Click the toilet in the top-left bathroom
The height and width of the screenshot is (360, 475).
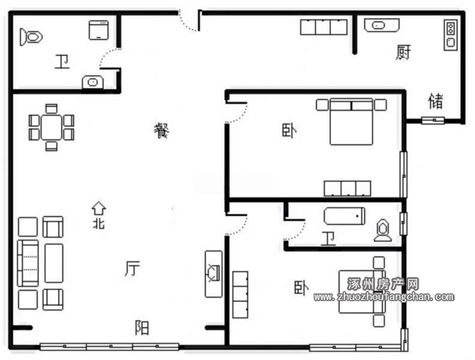(x=31, y=37)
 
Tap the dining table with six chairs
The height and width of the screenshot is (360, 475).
(x=52, y=127)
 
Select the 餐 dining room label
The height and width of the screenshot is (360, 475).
(x=161, y=131)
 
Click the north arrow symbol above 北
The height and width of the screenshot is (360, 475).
(x=99, y=208)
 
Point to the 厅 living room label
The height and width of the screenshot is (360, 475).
(x=133, y=268)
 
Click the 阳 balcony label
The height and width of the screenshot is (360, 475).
(x=142, y=328)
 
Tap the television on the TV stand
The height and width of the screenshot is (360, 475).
(x=214, y=273)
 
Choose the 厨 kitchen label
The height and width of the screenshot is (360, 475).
(x=403, y=52)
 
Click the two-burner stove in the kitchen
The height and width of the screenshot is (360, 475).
(x=451, y=35)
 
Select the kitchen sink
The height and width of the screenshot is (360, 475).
(x=381, y=25)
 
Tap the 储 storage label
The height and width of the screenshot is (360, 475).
(x=436, y=101)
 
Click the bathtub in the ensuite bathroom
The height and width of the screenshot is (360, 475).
(x=344, y=216)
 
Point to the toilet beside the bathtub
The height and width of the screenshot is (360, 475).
(x=383, y=230)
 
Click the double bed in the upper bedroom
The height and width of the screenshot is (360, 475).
(x=351, y=122)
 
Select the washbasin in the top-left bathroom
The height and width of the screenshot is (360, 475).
(x=93, y=82)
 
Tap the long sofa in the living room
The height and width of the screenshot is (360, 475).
(x=28, y=263)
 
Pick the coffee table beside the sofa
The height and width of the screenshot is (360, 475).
(x=54, y=263)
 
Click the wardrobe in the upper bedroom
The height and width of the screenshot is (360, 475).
(x=347, y=188)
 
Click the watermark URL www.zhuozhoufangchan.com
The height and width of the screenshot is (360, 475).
(x=384, y=297)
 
